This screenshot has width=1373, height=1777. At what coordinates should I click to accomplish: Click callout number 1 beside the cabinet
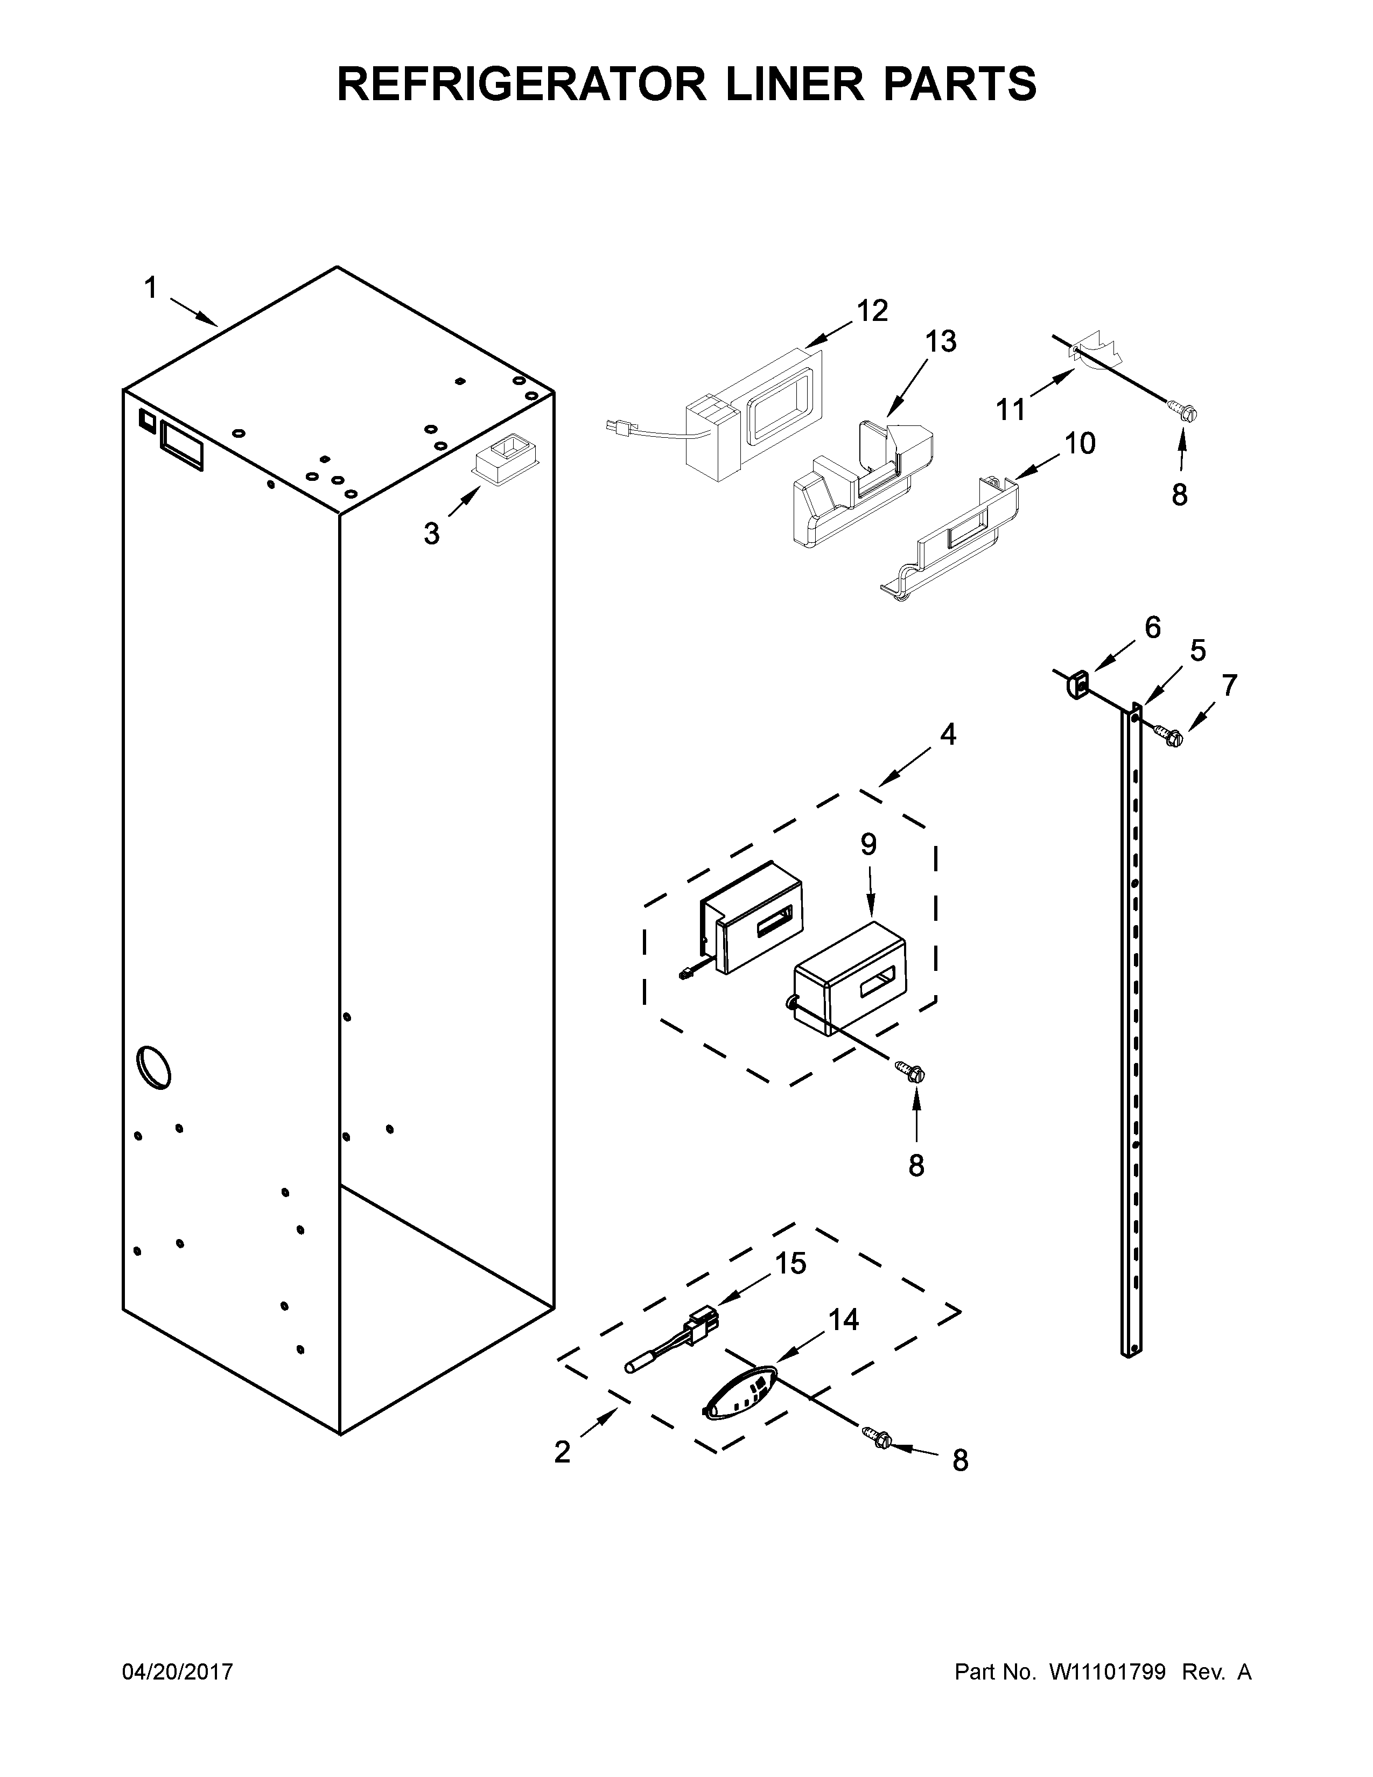pyautogui.click(x=150, y=288)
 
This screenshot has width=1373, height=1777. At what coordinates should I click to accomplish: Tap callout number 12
pyautogui.click(x=872, y=311)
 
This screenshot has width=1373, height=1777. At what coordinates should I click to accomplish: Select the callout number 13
pyautogui.click(x=940, y=342)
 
